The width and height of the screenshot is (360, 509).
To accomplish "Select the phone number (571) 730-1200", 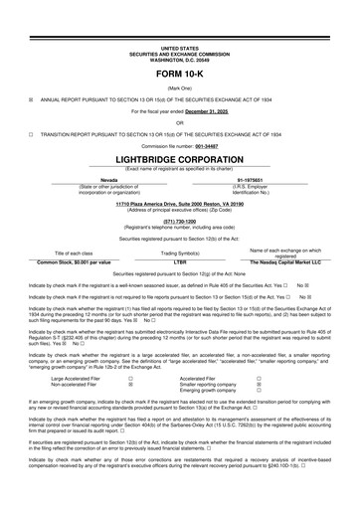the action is [x=179, y=220].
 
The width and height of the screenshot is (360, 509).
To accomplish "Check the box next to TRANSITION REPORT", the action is [x=31, y=131].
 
